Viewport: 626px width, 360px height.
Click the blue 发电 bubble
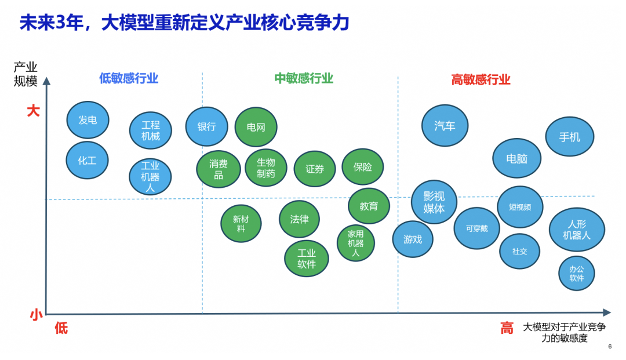coord(88,120)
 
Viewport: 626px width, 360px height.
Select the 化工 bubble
coord(87,161)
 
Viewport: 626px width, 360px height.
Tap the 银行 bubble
coord(206,126)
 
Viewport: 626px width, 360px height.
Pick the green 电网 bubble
coord(256,127)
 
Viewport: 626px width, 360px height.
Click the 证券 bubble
coord(315,169)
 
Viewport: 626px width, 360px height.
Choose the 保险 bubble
coord(363,167)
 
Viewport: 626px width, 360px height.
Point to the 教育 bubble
coord(369,206)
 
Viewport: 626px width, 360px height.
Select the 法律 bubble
coord(299,219)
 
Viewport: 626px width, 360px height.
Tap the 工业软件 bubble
coord(307,259)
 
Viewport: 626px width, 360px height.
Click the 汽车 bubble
coord(445,126)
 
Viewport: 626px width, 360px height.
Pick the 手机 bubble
coord(569,137)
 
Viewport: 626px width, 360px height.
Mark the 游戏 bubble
coord(413,239)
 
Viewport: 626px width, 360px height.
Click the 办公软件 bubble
coord(576,273)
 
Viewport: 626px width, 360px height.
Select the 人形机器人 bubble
coord(577,230)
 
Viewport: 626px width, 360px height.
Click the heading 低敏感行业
coord(129,78)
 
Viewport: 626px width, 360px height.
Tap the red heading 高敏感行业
coord(481,79)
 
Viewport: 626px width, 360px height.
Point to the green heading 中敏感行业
coord(304,78)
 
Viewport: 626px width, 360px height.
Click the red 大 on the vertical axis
coord(33,111)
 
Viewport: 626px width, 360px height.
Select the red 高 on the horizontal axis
coord(507,328)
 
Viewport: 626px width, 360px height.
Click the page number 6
coord(610,347)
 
